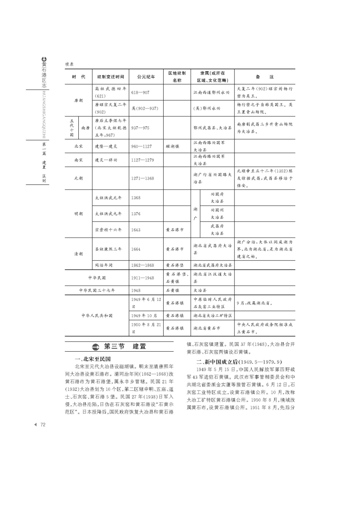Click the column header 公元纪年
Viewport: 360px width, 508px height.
tap(146, 76)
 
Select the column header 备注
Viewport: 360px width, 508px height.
tap(264, 76)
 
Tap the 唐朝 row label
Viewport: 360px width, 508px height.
tap(79, 100)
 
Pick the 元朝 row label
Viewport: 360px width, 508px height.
tap(79, 178)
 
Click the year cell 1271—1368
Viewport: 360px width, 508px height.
tap(142, 178)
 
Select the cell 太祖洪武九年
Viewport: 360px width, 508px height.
tap(108, 214)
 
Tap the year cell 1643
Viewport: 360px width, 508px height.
tap(136, 230)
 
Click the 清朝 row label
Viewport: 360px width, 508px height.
tap(79, 254)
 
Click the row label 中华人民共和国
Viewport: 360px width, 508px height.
tap(97, 316)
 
